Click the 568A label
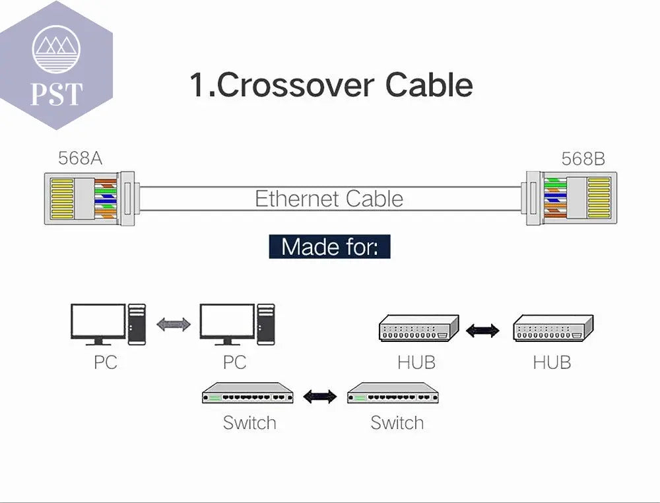pos(80,158)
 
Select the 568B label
pos(583,159)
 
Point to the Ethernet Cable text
pos(329,199)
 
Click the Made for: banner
pos(329,246)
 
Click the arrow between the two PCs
pos(174,324)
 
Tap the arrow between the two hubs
pos(482,330)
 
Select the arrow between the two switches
pos(319,396)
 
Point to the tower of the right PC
pos(266,323)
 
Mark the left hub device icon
pos(419,329)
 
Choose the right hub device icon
pos(553,329)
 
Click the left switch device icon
pos(247,393)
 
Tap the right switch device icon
pos(393,393)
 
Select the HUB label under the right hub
pos(552,362)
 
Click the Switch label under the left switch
pos(249,422)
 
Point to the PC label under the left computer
pos(105,362)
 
